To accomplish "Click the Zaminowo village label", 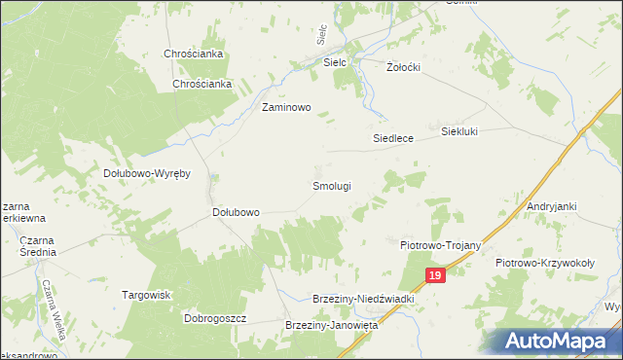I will [285, 108].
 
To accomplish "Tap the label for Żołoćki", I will [402, 68].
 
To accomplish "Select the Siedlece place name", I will [393, 138].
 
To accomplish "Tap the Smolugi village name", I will [331, 185].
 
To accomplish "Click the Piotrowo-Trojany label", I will [442, 246].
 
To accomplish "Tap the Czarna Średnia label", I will [36, 246].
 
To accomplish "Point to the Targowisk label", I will [146, 295].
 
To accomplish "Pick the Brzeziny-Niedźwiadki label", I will [363, 300].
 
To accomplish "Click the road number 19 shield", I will [435, 277].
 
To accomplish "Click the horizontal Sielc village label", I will [335, 62].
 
